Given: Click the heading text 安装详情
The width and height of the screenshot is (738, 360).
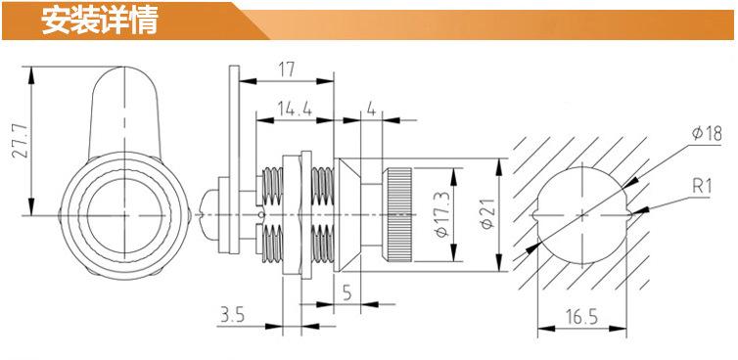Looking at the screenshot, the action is [x=99, y=21].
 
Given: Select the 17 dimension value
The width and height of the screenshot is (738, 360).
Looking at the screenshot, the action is [x=286, y=69].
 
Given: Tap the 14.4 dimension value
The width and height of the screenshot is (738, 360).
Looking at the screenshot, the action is [x=295, y=110].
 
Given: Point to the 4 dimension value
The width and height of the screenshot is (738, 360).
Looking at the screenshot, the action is [x=371, y=110].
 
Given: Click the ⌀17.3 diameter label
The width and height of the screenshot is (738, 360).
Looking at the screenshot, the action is [x=441, y=214].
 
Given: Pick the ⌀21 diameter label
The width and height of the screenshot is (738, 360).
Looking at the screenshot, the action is [x=486, y=214].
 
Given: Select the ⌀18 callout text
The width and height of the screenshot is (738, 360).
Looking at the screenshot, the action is [x=707, y=134].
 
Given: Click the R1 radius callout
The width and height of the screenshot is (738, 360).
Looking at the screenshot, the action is [x=702, y=187].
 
